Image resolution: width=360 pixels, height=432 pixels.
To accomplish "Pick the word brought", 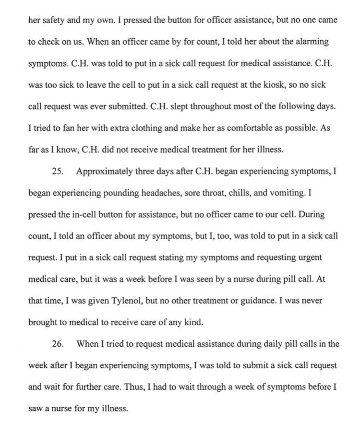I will [43, 323].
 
